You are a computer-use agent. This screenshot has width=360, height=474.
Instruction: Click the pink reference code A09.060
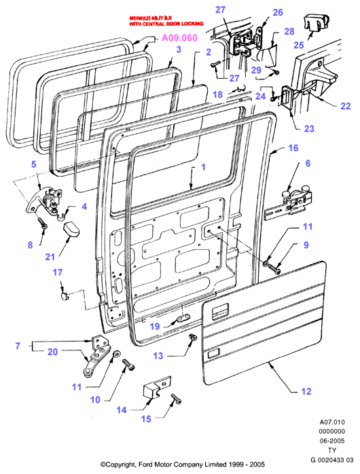179,38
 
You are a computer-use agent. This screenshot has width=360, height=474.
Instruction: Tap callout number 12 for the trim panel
306,391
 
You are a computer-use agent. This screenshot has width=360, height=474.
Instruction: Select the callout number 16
293,148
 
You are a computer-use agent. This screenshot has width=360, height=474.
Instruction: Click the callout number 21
50,257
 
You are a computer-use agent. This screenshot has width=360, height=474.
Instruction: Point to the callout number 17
58,272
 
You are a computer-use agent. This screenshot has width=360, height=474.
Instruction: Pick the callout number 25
299,45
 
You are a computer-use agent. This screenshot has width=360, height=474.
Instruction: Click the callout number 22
346,106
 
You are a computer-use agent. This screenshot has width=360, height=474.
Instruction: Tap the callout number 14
122,410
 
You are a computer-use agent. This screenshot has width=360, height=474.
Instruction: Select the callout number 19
155,327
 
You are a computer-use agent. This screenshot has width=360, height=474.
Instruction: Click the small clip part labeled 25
316,22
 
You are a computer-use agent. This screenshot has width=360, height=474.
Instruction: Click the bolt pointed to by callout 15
176,399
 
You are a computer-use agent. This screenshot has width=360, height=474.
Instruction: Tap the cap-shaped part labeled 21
71,229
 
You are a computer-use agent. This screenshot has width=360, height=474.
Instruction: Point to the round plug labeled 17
65,296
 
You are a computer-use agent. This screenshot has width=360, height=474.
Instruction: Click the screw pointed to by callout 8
43,223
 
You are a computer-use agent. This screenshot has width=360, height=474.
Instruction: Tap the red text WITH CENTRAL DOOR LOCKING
166,24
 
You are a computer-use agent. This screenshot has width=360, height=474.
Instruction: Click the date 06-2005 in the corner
332,441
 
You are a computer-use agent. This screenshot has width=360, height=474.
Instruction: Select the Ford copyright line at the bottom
183,464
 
